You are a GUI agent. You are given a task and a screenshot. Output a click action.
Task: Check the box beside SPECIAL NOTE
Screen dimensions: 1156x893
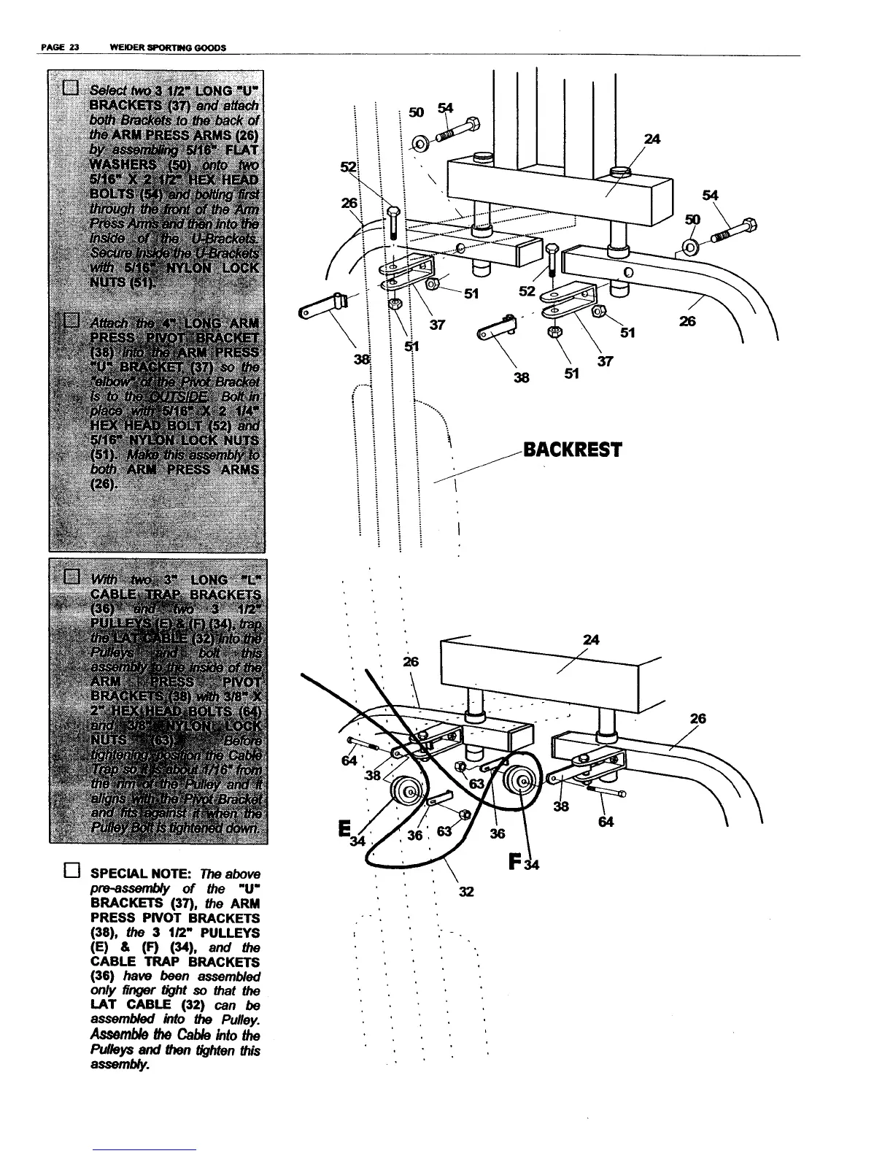[x=71, y=871]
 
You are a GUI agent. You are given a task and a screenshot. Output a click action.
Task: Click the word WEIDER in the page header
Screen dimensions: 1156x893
[x=124, y=48]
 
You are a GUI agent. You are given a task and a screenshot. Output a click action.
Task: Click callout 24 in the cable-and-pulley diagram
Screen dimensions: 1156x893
[x=591, y=640]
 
